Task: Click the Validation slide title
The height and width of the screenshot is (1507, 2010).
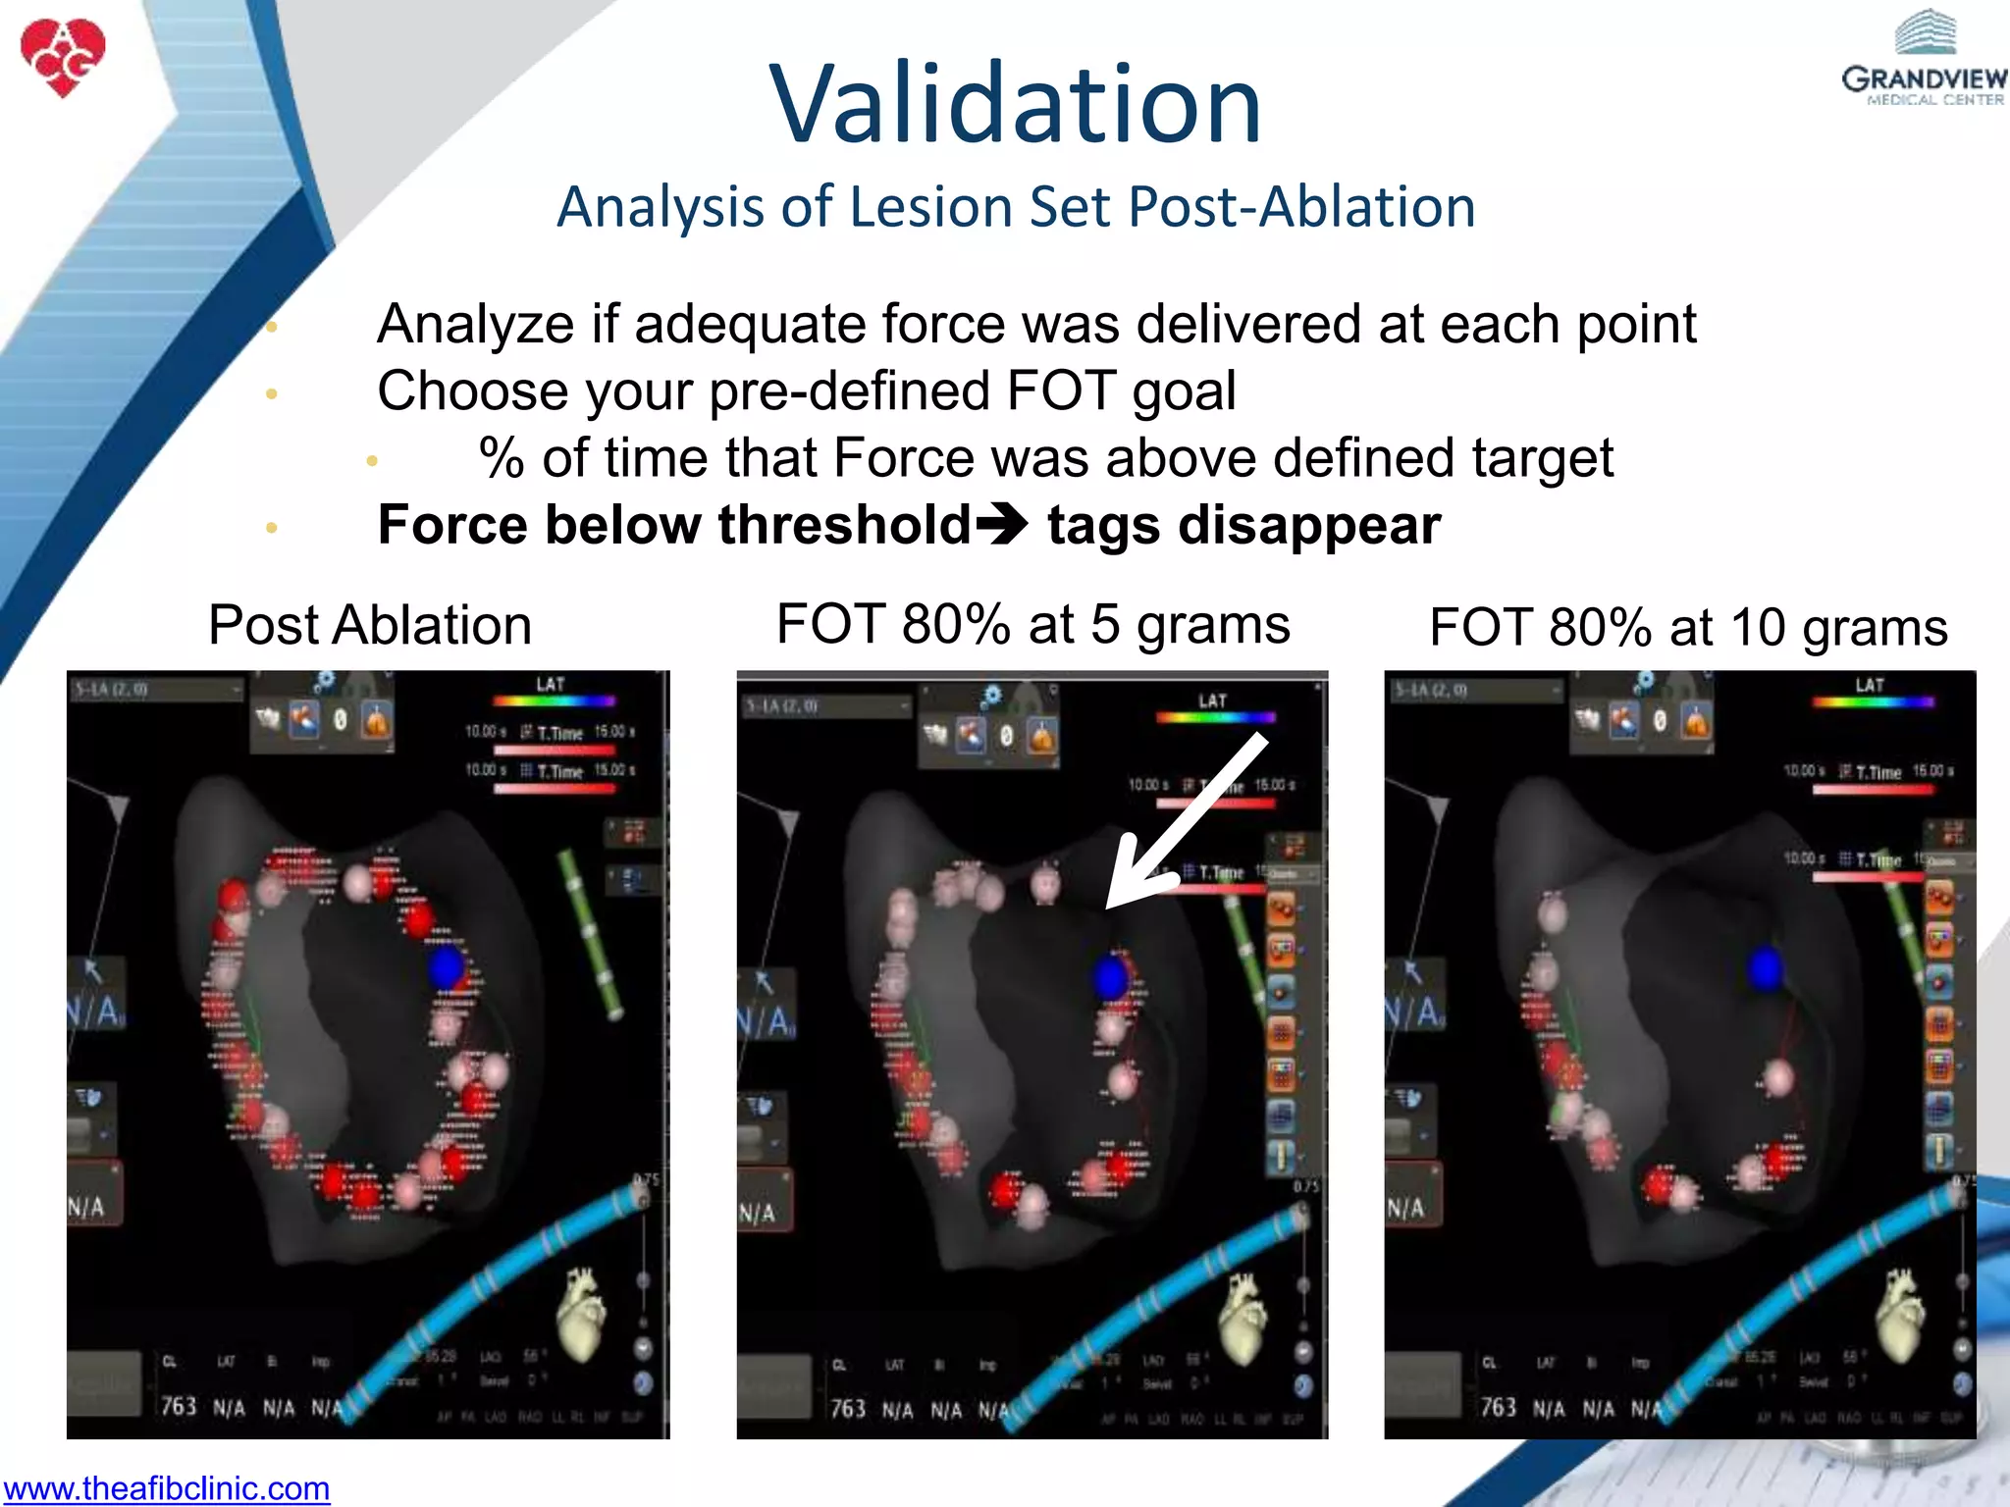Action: [x=1015, y=104]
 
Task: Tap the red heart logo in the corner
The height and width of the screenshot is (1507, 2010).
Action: [x=63, y=57]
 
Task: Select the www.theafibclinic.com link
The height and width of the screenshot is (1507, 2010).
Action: [x=166, y=1488]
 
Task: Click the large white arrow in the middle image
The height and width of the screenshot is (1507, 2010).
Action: [x=1183, y=825]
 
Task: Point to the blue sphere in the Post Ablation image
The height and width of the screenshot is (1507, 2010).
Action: [x=447, y=966]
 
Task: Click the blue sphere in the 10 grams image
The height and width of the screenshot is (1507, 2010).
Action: [x=1764, y=968]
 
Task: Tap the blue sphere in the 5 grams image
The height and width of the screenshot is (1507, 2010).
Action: [x=1110, y=976]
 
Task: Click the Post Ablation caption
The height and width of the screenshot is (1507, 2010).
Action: [x=370, y=625]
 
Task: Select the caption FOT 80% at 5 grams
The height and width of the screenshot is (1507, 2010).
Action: [x=1032, y=624]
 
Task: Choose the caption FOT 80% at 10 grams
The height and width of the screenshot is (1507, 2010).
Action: [x=1688, y=627]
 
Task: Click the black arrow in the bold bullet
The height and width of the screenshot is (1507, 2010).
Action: [x=1002, y=524]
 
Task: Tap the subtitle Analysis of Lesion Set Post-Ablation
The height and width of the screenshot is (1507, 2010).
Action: [x=1016, y=207]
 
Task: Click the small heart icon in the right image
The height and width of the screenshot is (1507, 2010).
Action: [x=1901, y=1314]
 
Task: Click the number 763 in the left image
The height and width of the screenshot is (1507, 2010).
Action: [x=179, y=1406]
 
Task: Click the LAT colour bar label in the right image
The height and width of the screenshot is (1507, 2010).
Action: [x=1870, y=685]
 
